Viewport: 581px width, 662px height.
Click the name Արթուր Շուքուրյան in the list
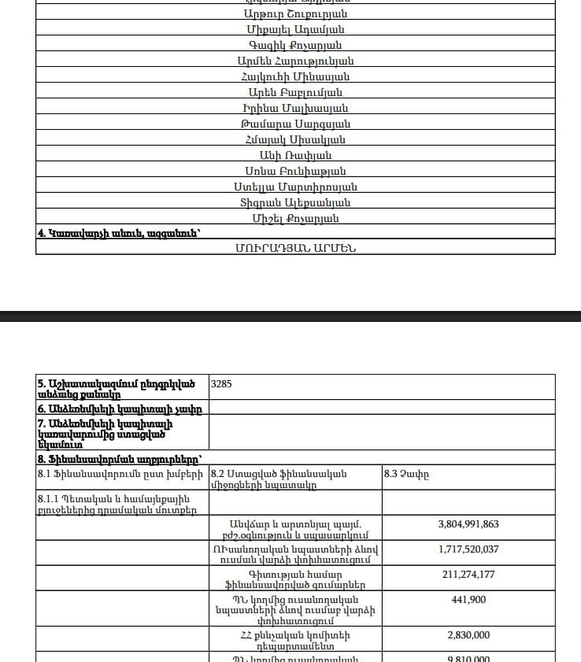point(295,13)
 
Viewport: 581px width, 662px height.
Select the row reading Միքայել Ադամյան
point(295,29)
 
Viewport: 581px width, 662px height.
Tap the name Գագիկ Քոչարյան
point(295,45)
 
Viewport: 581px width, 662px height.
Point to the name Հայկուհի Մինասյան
point(295,76)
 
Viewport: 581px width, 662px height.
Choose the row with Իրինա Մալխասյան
point(295,108)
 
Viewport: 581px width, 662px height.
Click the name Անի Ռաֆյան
point(295,155)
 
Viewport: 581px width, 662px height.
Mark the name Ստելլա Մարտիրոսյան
point(295,187)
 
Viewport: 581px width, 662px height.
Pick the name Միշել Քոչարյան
point(295,218)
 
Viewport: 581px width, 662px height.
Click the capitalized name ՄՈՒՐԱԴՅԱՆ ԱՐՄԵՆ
point(295,247)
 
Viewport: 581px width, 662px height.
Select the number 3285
point(222,385)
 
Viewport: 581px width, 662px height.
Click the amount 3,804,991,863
point(468,523)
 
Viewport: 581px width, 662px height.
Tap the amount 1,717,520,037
point(468,549)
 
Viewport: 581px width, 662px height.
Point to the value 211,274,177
point(468,574)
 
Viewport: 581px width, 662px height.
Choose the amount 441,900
point(468,599)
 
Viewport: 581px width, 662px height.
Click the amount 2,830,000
point(468,635)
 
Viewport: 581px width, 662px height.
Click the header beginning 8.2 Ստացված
point(279,479)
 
